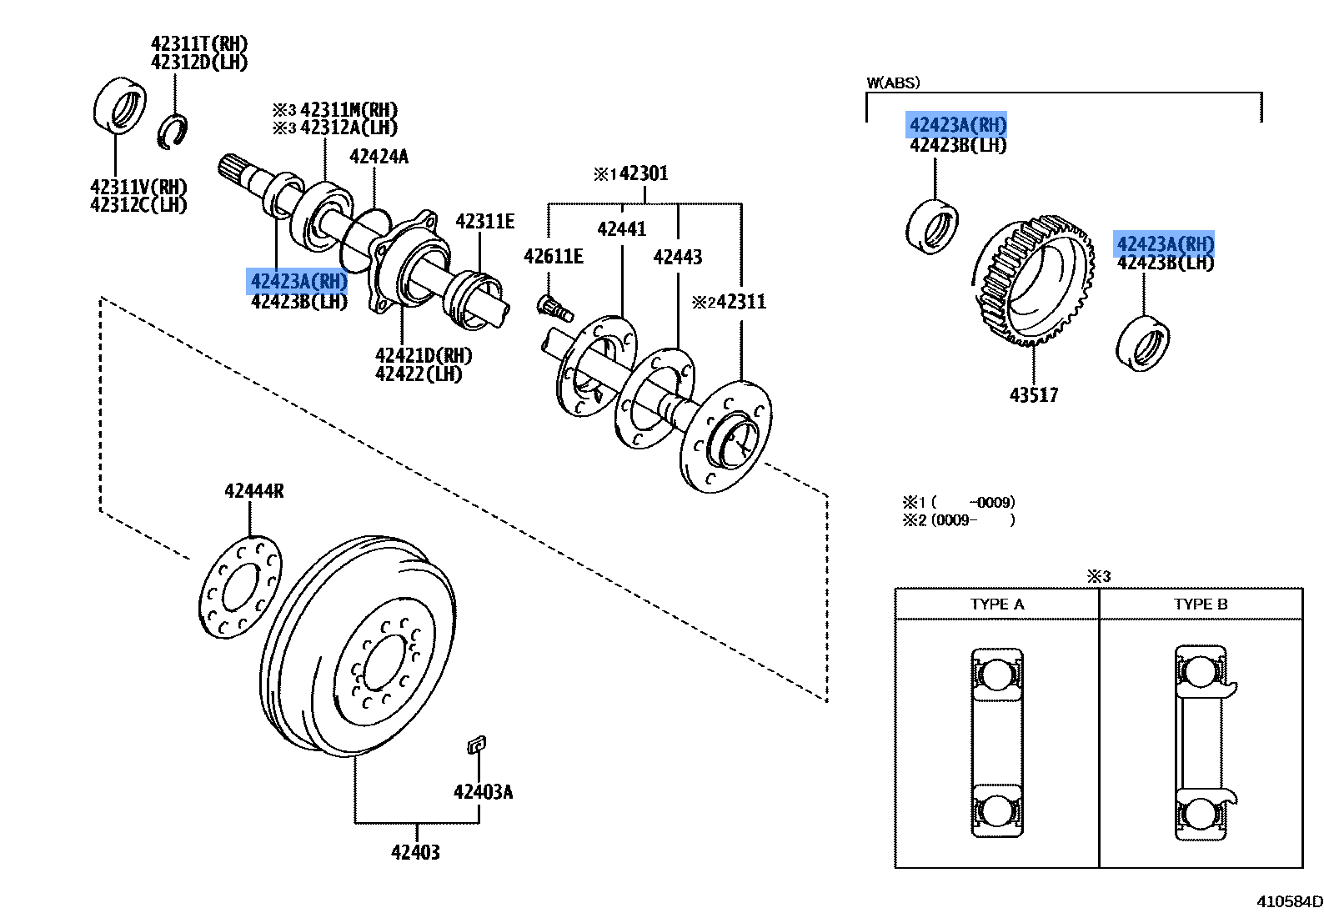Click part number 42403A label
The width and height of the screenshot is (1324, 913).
tap(483, 792)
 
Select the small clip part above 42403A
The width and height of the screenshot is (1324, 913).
tap(476, 745)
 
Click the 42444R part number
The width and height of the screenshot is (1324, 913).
tap(253, 491)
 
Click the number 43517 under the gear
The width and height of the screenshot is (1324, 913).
tap(1033, 395)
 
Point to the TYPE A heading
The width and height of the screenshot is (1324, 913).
tap(996, 604)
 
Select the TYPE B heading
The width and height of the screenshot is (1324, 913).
tap(1201, 604)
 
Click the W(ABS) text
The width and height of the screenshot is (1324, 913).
tap(893, 83)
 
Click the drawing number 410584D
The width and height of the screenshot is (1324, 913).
tap(1289, 901)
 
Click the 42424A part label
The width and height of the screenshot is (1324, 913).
tap(379, 157)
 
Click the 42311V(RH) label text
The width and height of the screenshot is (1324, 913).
tap(138, 187)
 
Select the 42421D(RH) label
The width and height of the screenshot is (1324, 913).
tap(424, 356)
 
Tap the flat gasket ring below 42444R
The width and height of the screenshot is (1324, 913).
tap(241, 587)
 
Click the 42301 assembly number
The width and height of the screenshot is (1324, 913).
tap(643, 173)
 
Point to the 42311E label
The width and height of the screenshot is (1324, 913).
tap(484, 222)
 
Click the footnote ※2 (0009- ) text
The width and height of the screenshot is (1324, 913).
tap(959, 520)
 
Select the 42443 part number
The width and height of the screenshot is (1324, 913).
tap(677, 257)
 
